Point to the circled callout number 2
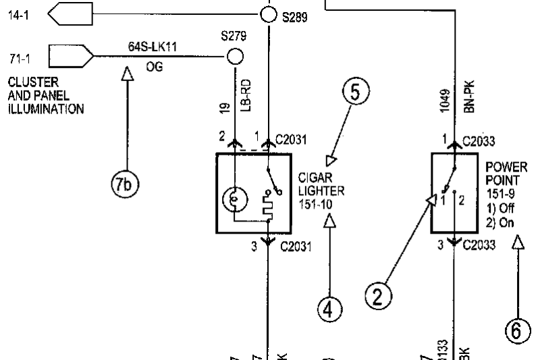click(x=379, y=296)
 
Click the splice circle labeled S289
click(x=268, y=14)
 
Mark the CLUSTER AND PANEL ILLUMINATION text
click(x=46, y=95)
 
